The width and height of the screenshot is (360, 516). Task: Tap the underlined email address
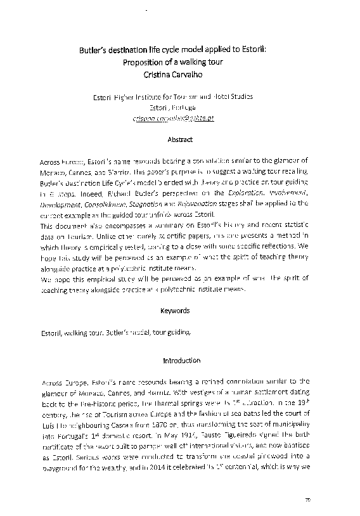click(173, 118)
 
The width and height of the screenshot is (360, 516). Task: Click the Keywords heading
click(180, 311)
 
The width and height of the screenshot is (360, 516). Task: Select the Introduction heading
click(180, 361)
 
